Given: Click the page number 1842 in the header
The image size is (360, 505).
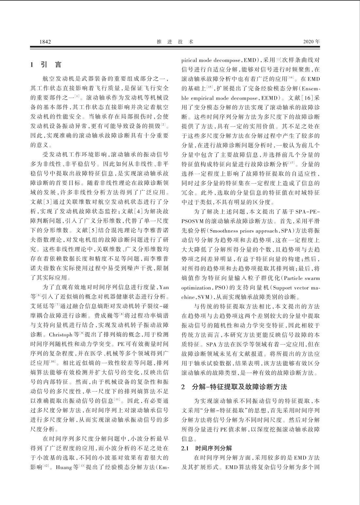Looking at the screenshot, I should click(45, 42).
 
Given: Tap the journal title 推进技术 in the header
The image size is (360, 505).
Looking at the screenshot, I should click(175, 42).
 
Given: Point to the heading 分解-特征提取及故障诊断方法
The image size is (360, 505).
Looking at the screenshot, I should click(239, 387).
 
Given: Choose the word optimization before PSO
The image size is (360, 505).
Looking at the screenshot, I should click(196, 288).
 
